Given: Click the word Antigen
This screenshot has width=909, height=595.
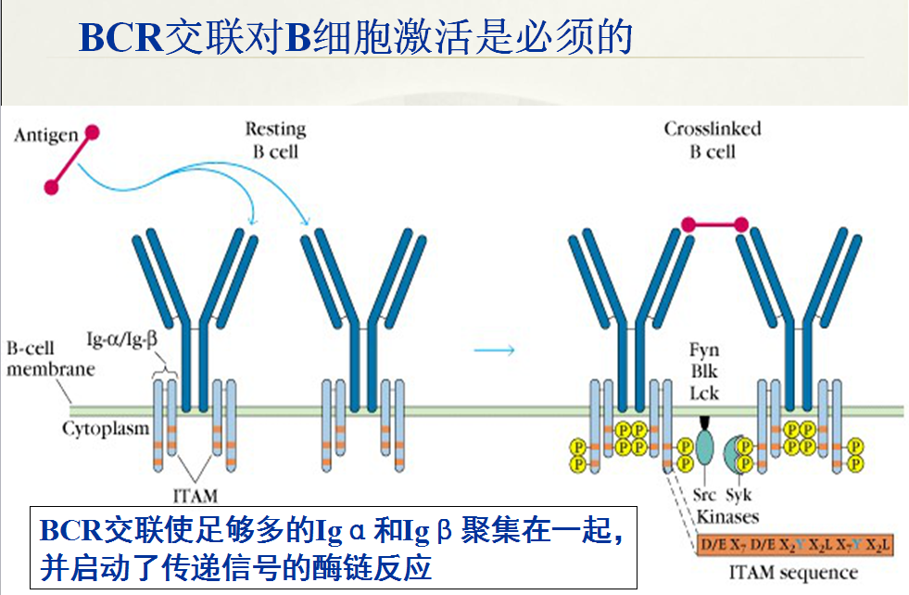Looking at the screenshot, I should coord(46,136).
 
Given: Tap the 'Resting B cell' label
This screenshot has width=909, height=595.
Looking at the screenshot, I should coord(275,139).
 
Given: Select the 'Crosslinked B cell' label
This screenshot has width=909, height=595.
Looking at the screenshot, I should coord(712,139).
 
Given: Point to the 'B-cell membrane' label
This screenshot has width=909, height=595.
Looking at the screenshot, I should coord(50,359).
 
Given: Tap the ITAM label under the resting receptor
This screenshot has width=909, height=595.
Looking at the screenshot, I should coord(196,495).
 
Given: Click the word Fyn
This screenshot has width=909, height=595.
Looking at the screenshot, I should coord(704,351).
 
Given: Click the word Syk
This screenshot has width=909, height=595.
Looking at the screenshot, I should coord(739,495).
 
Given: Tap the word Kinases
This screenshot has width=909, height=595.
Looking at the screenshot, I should coord(727,516).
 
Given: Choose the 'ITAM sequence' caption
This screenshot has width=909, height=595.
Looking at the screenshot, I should coord(793,571).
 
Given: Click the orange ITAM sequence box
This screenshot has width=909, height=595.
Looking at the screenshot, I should coord(793,544).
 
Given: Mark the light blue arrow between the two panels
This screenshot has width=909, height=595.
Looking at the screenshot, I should coord(495,349).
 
